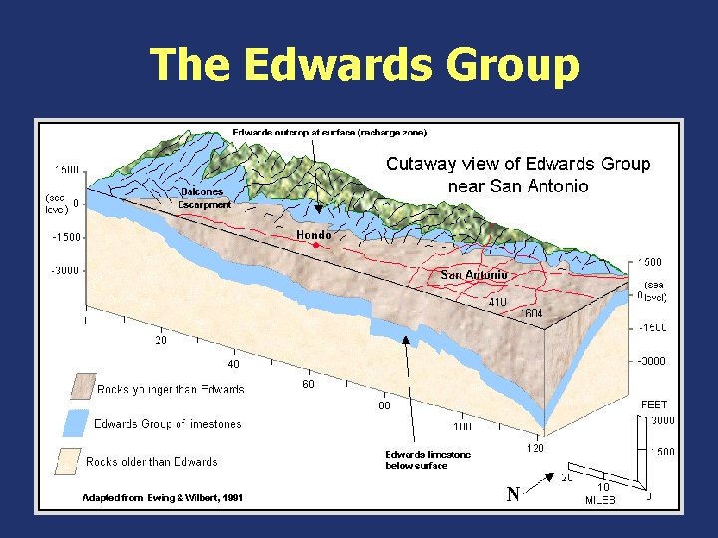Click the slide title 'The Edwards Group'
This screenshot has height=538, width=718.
click(x=364, y=65)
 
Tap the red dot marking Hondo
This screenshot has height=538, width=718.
click(x=314, y=245)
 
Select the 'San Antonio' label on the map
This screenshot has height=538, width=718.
click(x=474, y=275)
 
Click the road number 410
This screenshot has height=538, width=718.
click(x=498, y=301)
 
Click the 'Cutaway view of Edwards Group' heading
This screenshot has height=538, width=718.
click(x=518, y=164)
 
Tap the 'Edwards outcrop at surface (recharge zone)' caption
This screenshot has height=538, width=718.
click(x=329, y=133)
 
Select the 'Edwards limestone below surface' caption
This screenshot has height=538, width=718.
click(x=428, y=460)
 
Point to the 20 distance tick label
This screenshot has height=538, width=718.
click(x=160, y=340)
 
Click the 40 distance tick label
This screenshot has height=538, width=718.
click(x=232, y=364)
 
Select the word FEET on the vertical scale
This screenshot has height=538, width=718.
click(x=653, y=404)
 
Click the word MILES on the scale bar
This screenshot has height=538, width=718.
click(x=600, y=500)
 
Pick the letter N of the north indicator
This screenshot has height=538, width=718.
click(x=513, y=495)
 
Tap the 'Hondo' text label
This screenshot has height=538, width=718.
click(x=314, y=235)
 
